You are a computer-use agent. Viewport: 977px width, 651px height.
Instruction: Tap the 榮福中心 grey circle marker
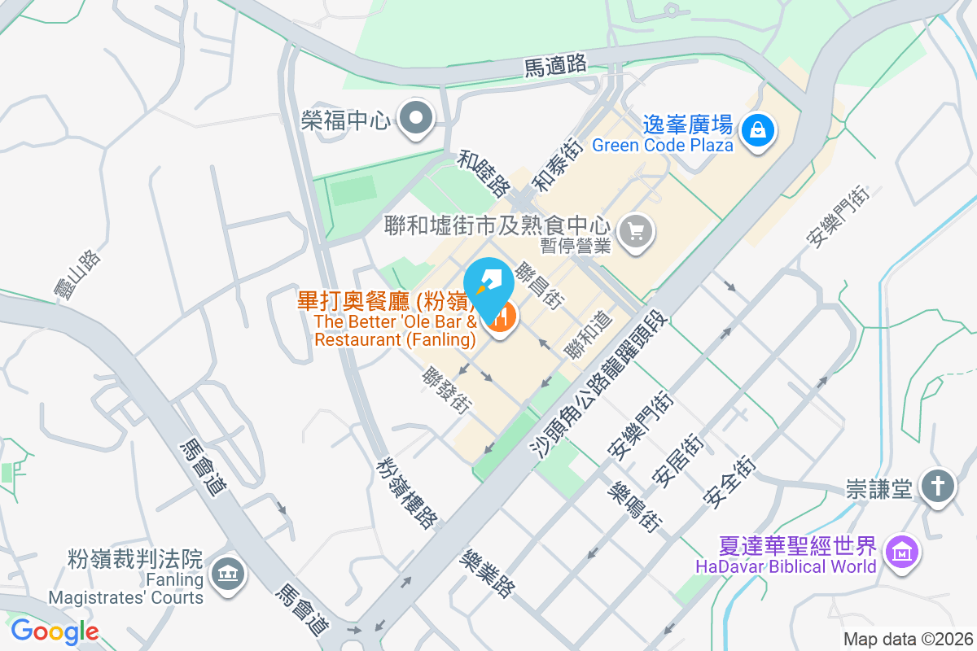pyautogui.click(x=418, y=120)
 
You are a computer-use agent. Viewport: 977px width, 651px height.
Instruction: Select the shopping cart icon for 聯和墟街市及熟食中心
pyautogui.click(x=636, y=231)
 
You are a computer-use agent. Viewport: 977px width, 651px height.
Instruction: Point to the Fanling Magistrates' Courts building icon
pyautogui.click(x=226, y=575)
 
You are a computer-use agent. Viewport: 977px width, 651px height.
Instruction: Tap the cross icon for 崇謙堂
pyautogui.click(x=938, y=486)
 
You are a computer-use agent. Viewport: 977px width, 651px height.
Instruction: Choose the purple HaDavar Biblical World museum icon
pyautogui.click(x=900, y=553)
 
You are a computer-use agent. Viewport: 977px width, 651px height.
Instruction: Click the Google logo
pyautogui.click(x=55, y=631)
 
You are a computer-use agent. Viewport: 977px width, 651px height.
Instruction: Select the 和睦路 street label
pyautogui.click(x=484, y=173)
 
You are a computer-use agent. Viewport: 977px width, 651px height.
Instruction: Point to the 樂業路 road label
pyautogui.click(x=487, y=573)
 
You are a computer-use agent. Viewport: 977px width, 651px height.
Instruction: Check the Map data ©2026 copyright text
pyautogui.click(x=907, y=640)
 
